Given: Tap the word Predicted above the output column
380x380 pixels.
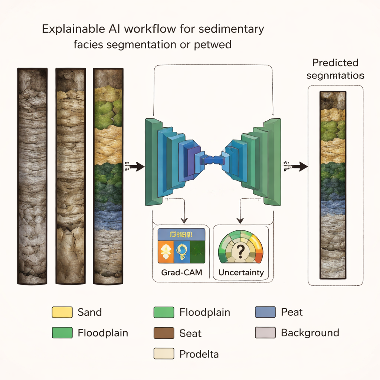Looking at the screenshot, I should (335, 62).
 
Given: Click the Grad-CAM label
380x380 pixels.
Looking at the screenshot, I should (182, 272).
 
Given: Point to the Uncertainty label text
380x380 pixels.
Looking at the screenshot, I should (241, 272).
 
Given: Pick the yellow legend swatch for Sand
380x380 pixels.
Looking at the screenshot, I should (62, 312).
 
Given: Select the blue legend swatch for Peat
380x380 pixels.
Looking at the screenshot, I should (265, 312).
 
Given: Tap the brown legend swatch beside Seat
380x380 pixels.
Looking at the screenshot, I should (164, 333).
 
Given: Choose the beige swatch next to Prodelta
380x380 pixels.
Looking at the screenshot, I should (164, 354).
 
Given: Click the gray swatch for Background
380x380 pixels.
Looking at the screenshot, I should (265, 333).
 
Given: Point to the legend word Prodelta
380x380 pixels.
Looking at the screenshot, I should (199, 354).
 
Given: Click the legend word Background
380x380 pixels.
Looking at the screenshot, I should (310, 332).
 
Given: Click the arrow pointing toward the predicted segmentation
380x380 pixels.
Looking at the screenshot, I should (298, 167).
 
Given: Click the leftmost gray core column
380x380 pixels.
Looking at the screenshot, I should (32, 176).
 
